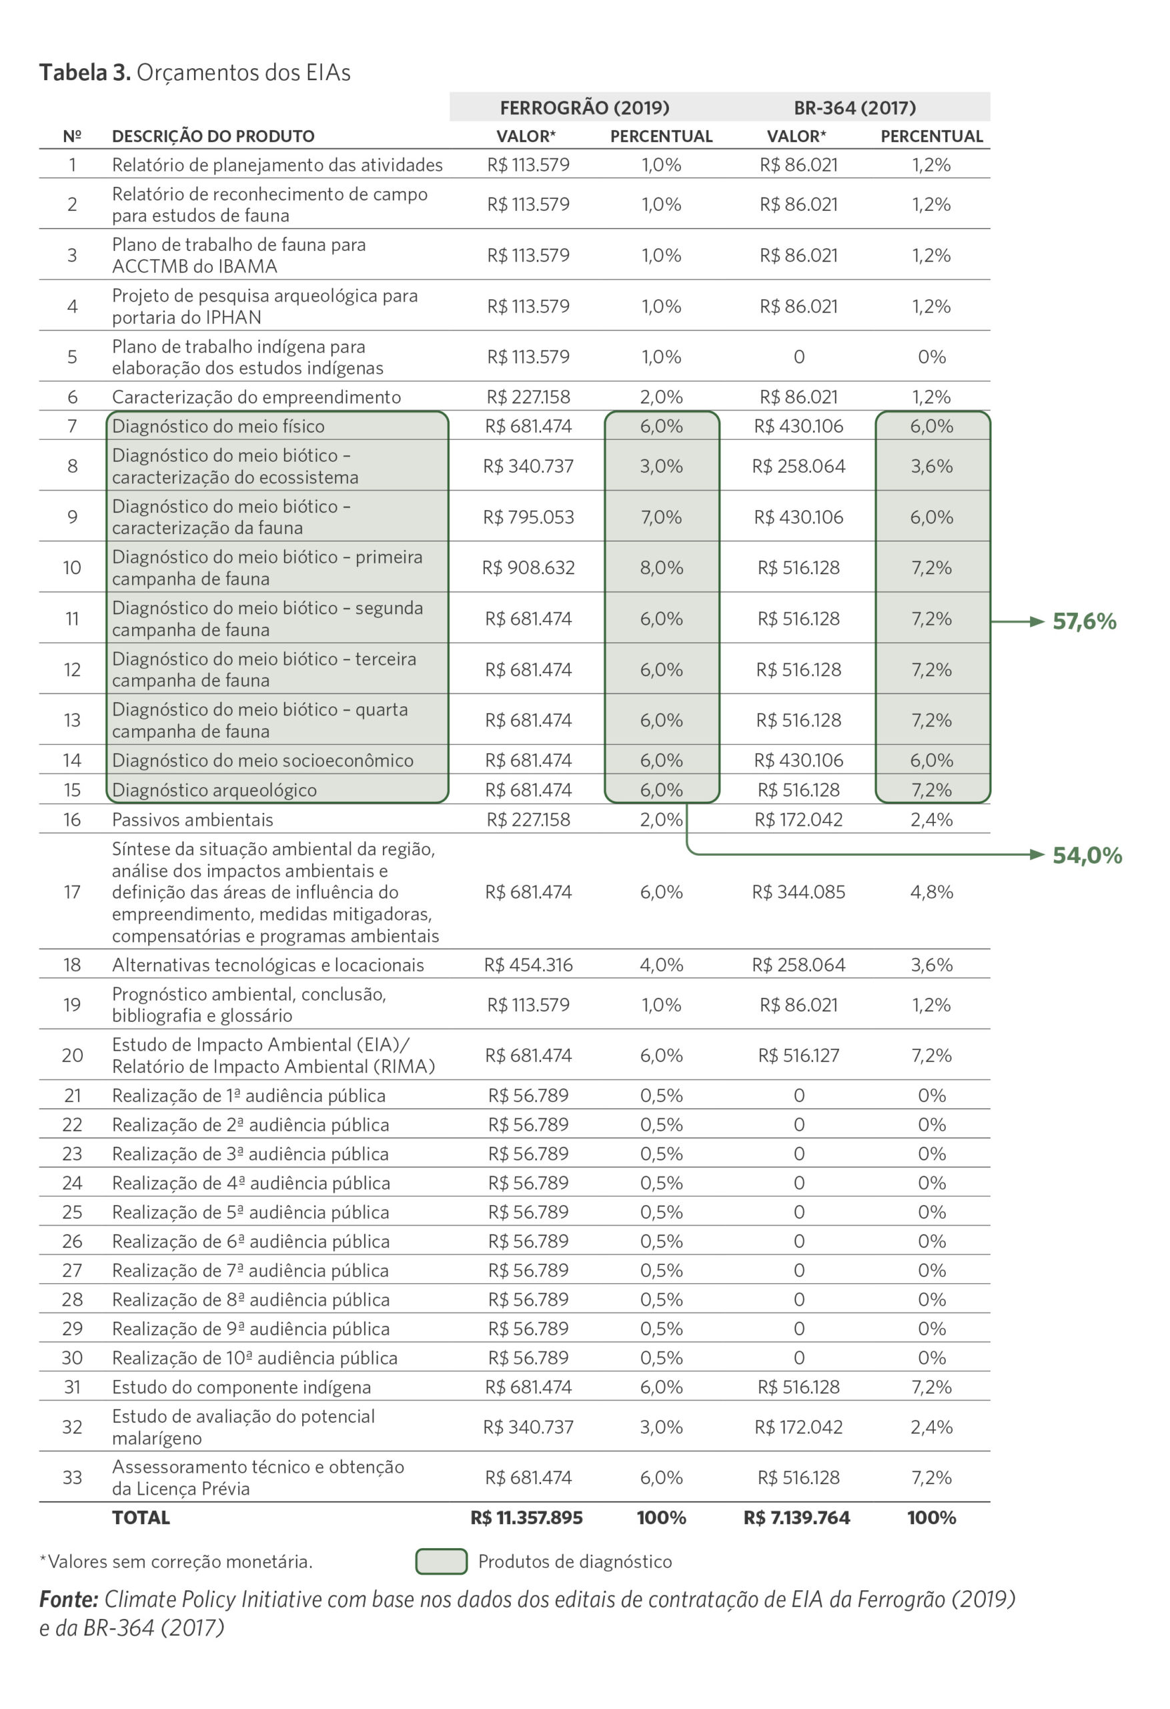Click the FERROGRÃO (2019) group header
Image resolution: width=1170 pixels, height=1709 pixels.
pyautogui.click(x=584, y=108)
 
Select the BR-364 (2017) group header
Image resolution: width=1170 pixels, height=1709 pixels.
pyautogui.click(x=854, y=108)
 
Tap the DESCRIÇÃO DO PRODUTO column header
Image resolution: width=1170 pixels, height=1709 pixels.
pyautogui.click(x=213, y=136)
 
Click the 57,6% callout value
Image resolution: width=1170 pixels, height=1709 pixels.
pyautogui.click(x=1084, y=622)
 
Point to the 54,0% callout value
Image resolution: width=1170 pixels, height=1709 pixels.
pyautogui.click(x=1087, y=855)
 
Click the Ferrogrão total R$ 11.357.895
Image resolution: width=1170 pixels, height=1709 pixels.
pyautogui.click(x=527, y=1518)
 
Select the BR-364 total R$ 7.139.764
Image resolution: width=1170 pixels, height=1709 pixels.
pyautogui.click(x=796, y=1518)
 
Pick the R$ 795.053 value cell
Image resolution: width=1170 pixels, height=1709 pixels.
pyautogui.click(x=528, y=517)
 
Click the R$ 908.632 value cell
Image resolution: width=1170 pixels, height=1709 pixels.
pyautogui.click(x=528, y=567)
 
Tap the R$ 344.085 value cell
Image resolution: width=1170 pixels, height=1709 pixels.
pyautogui.click(x=798, y=892)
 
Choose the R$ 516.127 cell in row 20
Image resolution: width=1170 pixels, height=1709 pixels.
pyautogui.click(x=798, y=1055)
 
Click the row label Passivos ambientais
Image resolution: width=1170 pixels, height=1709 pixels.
pyautogui.click(x=193, y=820)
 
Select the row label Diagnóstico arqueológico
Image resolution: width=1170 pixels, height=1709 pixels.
pyautogui.click(x=215, y=790)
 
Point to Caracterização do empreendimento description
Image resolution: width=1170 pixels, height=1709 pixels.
pyautogui.click(x=257, y=397)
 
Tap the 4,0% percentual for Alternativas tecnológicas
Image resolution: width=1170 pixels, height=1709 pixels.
pyautogui.click(x=662, y=965)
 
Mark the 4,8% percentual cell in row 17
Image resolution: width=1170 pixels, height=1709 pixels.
pyautogui.click(x=932, y=892)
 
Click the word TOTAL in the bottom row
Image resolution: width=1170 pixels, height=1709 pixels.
pyautogui.click(x=141, y=1518)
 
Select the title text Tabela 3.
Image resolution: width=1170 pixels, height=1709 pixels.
pyautogui.click(x=85, y=72)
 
